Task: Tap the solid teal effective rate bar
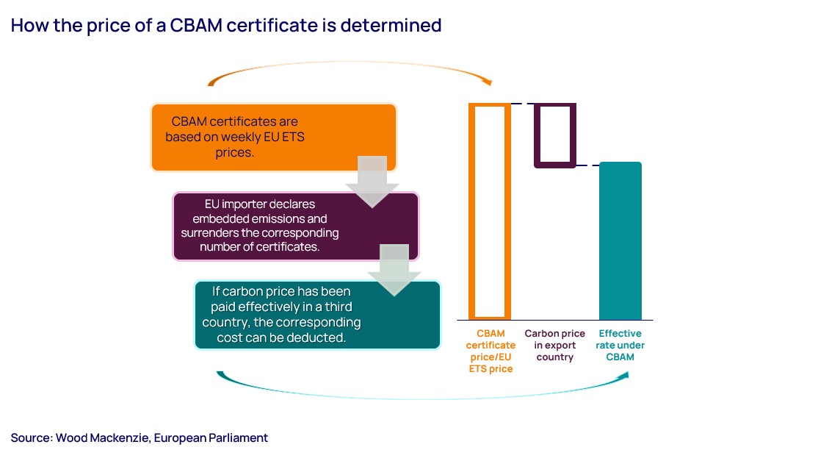pos(620,240)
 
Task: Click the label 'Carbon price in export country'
pos(554,345)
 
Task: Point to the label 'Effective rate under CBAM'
pos(620,345)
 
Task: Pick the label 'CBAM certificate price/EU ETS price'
pos(491,351)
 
